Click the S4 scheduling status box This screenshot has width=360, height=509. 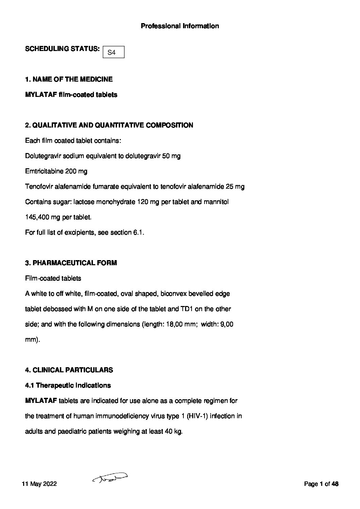(113, 52)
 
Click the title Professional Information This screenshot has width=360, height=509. (180, 26)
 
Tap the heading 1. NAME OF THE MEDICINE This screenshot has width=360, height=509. (69, 79)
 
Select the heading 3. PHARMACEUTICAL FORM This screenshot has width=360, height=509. (71, 263)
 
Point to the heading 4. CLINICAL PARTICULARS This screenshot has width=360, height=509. (69, 370)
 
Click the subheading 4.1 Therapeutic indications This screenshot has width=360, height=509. (68, 385)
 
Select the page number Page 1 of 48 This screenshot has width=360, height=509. (321, 484)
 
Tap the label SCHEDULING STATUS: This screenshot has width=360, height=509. (62, 49)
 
